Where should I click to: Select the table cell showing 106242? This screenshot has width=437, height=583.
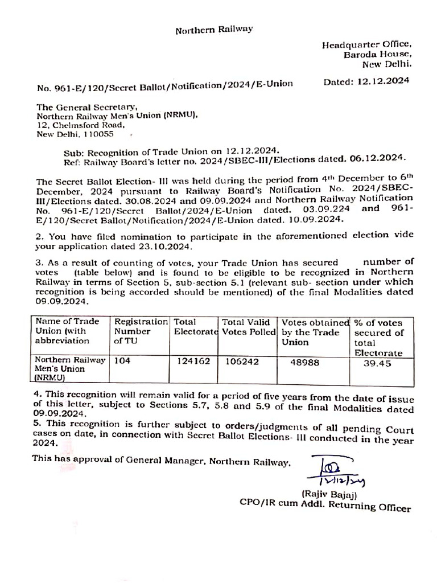(x=243, y=360)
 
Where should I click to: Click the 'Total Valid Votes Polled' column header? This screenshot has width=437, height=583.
(x=249, y=327)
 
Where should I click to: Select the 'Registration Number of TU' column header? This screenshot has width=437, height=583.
(x=141, y=331)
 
